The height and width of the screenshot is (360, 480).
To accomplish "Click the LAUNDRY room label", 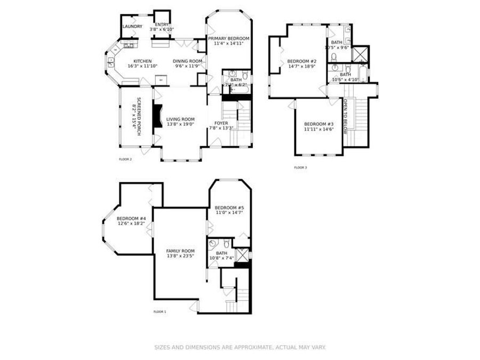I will click(132, 26).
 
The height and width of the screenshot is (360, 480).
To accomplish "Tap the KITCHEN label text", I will click(142, 61).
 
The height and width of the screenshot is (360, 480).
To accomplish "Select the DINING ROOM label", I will click(188, 61).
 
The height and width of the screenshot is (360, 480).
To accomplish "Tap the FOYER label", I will click(221, 123).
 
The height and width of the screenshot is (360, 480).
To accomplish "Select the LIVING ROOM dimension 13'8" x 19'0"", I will click(180, 124).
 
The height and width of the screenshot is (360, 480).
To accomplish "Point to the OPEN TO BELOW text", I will click(346, 115).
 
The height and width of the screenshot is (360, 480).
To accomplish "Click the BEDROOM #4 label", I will click(131, 219).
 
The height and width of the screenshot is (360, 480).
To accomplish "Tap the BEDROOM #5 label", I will click(229, 207).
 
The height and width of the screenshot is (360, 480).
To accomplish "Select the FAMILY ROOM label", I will click(180, 251).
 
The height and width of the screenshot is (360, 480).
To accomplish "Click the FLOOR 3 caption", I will click(300, 167).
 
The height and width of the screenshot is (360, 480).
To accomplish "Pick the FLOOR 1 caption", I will click(159, 311).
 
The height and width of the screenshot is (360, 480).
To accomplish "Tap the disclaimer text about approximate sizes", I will click(240, 347).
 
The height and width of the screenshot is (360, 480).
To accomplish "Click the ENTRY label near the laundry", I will click(162, 25).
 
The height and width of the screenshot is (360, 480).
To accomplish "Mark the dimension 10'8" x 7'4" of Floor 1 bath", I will click(221, 258).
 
